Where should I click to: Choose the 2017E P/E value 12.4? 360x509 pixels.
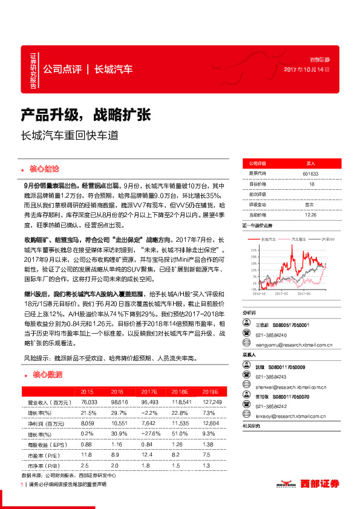click(149, 454)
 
